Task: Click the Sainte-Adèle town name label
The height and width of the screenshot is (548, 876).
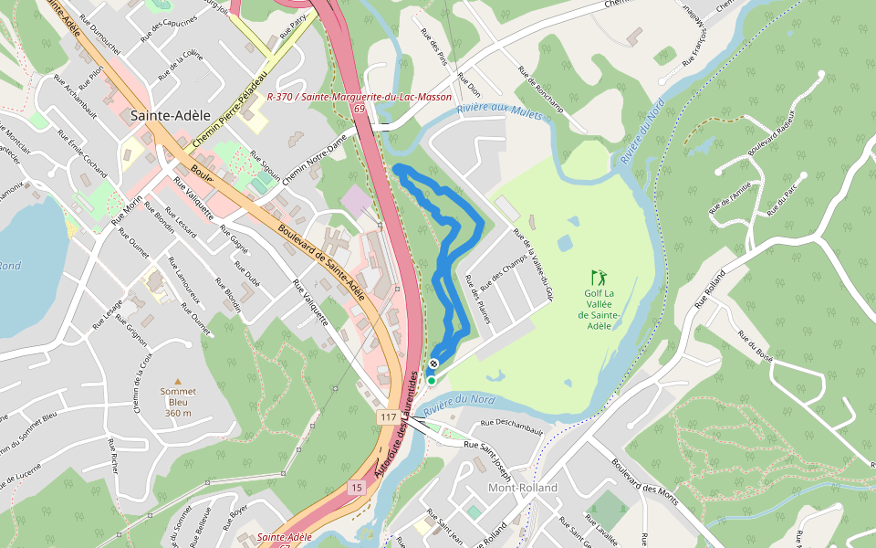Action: pyautogui.click(x=171, y=116)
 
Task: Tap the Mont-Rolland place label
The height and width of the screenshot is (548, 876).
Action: pyautogui.click(x=523, y=488)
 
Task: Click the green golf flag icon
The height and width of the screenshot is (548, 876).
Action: pyautogui.click(x=599, y=276)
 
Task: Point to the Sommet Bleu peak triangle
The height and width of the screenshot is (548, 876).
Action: pyautogui.click(x=178, y=381)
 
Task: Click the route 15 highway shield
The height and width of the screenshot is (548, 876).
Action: pyautogui.click(x=355, y=489)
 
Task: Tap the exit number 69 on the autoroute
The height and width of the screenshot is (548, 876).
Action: pyautogui.click(x=360, y=108)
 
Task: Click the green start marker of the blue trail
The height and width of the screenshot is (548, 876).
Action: pyautogui.click(x=431, y=380)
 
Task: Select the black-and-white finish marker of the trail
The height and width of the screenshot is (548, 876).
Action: pyautogui.click(x=433, y=364)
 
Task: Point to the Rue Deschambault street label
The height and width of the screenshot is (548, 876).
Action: pyautogui.click(x=511, y=427)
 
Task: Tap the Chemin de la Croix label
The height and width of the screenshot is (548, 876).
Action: pyautogui.click(x=141, y=383)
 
